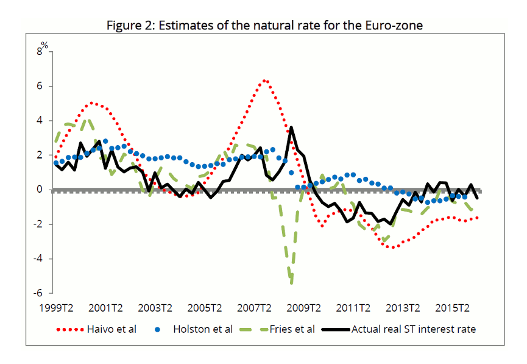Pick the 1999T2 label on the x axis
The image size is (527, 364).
54,307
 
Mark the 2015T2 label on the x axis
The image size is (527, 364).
454,307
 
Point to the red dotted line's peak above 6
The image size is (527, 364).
264,80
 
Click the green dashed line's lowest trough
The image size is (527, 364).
292,283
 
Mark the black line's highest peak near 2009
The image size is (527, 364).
291,127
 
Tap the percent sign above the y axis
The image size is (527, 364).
44,45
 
